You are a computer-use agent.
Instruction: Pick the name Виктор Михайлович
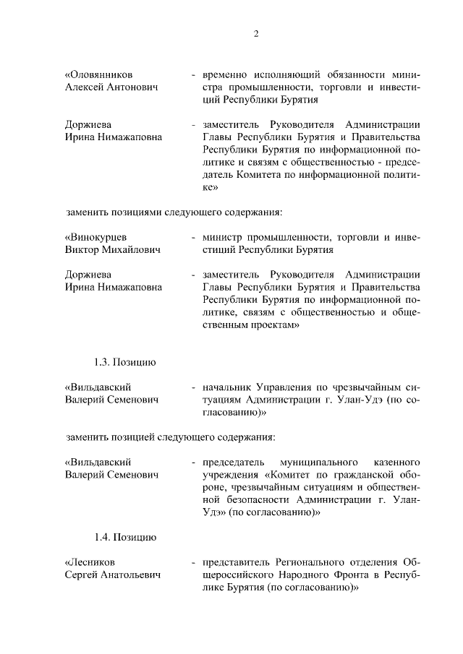coord(112,250)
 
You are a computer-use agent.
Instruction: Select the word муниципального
coord(320,461)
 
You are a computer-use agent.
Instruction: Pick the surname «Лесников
coord(90,562)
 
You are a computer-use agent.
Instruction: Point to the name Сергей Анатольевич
coord(113,575)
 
